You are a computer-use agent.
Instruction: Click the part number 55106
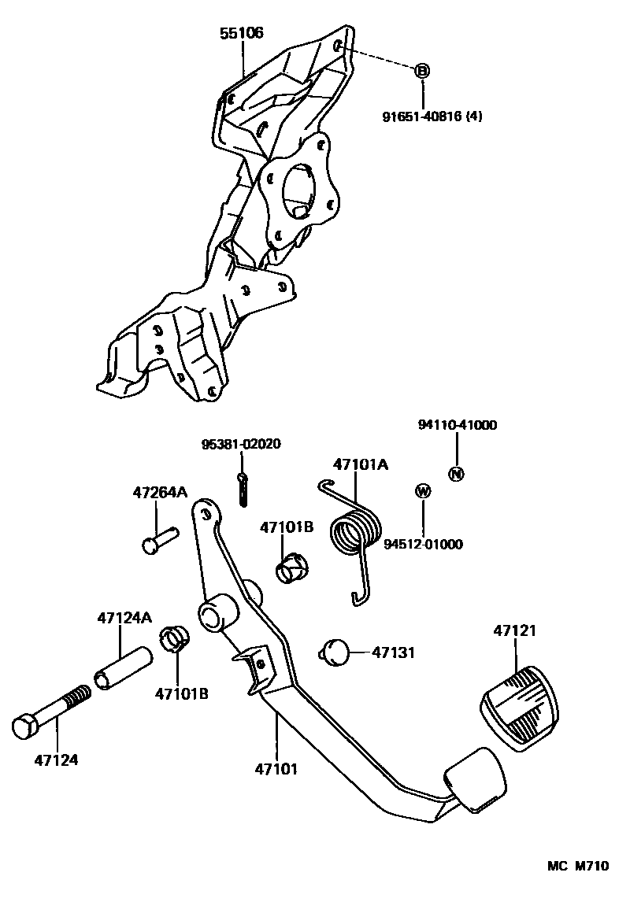242,33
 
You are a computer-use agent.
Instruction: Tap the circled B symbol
422,71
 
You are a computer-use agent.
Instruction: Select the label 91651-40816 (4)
432,116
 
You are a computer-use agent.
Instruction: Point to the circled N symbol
457,474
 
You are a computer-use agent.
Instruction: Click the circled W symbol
423,492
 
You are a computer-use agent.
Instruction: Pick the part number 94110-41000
457,425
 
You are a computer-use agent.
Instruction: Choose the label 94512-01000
423,544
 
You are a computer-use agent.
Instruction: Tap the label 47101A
360,464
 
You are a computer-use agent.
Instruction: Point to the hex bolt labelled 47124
52,713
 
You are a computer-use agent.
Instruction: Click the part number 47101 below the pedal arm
276,768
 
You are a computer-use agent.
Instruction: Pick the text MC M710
578,867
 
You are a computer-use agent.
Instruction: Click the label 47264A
159,493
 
